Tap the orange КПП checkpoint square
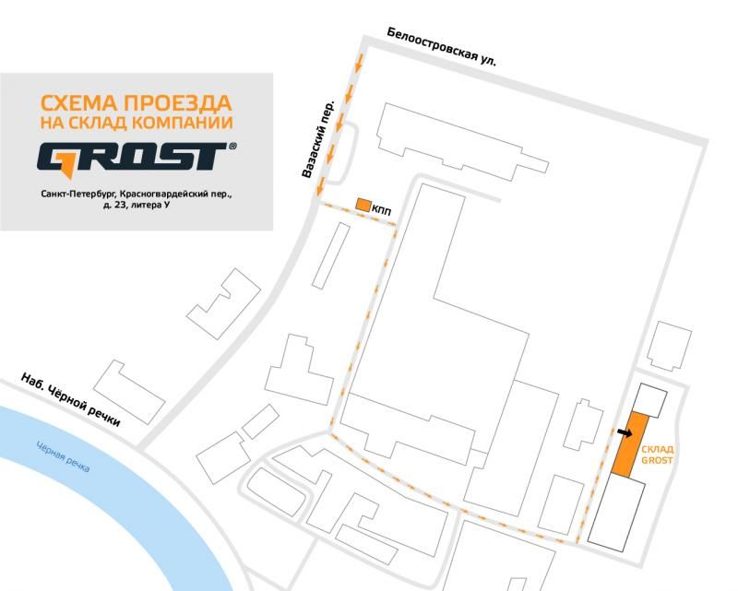click(x=363, y=205)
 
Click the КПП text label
click(x=381, y=211)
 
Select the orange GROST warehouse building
click(x=630, y=444)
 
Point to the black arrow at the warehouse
click(x=625, y=432)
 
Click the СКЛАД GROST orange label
click(x=657, y=455)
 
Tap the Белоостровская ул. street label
click(x=442, y=47)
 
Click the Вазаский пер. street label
click(x=317, y=139)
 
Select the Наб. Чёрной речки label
click(x=71, y=399)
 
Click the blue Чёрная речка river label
click(x=63, y=456)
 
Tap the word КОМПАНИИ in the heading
click(x=182, y=123)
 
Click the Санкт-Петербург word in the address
click(x=77, y=195)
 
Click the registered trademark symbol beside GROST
click(x=232, y=147)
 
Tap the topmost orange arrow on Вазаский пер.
click(x=358, y=63)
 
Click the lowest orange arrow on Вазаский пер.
click(x=320, y=185)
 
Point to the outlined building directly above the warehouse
click(x=650, y=400)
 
